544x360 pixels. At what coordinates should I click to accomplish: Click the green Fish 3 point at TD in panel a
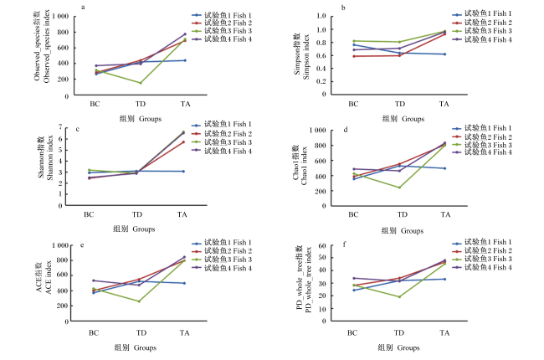pyautogui.click(x=141, y=83)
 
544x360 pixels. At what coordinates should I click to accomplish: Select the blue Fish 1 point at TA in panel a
pyautogui.click(x=185, y=60)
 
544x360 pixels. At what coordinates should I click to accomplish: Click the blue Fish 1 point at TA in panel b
pyautogui.click(x=444, y=54)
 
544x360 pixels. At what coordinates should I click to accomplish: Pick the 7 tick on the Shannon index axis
pyautogui.click(x=60, y=127)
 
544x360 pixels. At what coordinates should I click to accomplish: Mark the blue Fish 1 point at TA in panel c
pyautogui.click(x=183, y=171)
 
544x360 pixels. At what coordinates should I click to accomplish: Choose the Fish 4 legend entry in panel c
pyautogui.click(x=222, y=151)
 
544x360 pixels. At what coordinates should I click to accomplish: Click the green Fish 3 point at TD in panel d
pyautogui.click(x=400, y=188)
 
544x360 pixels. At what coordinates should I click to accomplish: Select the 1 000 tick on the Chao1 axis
pyautogui.click(x=317, y=131)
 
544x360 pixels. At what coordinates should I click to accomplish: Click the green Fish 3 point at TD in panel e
pyautogui.click(x=139, y=301)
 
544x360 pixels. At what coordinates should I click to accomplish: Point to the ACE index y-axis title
pyautogui.click(x=44, y=277)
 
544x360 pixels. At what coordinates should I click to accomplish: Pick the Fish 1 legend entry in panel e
pyautogui.click(x=222, y=242)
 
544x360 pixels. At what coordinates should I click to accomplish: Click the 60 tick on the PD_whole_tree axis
pyautogui.click(x=322, y=246)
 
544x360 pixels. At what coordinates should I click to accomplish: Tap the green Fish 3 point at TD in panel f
pyautogui.click(x=399, y=297)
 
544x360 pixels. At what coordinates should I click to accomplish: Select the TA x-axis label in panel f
pyautogui.click(x=444, y=333)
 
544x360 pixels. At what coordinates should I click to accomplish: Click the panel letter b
pyautogui.click(x=343, y=8)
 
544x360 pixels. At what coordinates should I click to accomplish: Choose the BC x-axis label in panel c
pyautogui.click(x=89, y=214)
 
